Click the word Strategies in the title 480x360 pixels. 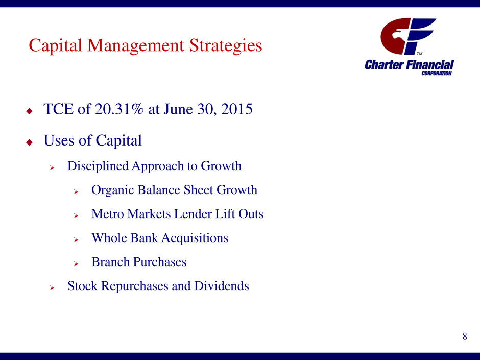tap(226, 46)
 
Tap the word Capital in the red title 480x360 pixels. tap(56, 46)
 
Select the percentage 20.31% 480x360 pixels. tap(119, 109)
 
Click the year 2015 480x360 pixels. tap(236, 109)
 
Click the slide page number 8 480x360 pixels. tap(465, 337)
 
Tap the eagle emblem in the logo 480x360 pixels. tap(396, 35)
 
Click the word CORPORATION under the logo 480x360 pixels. tap(436, 73)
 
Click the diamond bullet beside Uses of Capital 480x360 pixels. tap(30, 142)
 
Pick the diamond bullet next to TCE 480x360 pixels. tap(30, 111)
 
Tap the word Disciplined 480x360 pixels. tap(98, 166)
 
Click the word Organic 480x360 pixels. tap(112, 190)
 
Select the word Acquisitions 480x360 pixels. tap(195, 238)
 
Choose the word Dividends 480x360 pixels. tap(221, 285)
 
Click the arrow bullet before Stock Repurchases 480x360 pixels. tap(52, 288)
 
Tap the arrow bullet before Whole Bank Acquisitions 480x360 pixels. tap(76, 240)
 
